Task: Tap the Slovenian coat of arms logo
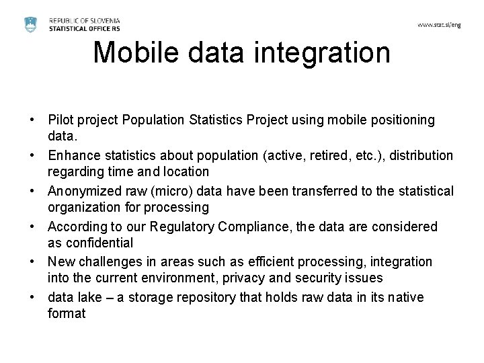click(30, 24)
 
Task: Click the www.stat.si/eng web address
click(439, 25)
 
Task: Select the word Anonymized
click(83, 192)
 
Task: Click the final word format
click(67, 313)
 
